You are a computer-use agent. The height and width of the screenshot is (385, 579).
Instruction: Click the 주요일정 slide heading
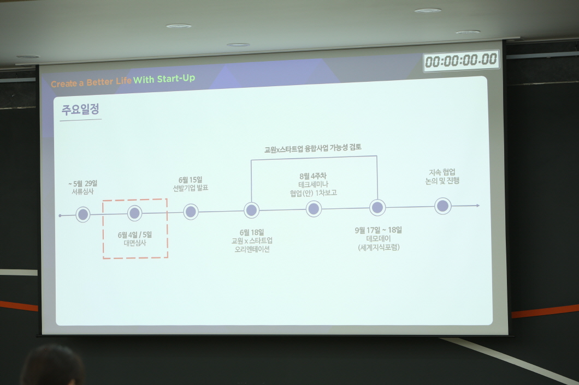pos(80,109)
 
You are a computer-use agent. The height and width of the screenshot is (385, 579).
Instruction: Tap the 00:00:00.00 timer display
pos(461,60)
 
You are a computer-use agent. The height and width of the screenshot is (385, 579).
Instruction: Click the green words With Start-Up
pos(164,79)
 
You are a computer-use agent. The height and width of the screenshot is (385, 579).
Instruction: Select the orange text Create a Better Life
pos(91,82)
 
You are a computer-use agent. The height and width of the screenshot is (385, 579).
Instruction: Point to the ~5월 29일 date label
pos(82,184)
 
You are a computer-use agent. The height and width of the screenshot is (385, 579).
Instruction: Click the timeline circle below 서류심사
pos(83,214)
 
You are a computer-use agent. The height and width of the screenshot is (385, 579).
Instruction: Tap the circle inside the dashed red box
pos(135,213)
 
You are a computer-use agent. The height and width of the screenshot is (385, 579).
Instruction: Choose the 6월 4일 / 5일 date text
pos(135,235)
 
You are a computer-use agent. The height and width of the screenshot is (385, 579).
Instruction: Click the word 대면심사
pos(135,243)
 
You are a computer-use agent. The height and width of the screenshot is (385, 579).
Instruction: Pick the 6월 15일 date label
pos(191,180)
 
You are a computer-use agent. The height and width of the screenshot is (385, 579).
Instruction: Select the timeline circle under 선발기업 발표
pos(191,212)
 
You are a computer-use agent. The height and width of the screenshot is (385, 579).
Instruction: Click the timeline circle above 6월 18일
pos(251,210)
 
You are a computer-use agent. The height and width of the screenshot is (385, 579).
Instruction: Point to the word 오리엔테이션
pos(252,249)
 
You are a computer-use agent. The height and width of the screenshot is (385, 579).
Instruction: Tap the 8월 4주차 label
pos(313,176)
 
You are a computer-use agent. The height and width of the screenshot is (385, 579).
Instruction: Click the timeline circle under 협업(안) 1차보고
pos(314,209)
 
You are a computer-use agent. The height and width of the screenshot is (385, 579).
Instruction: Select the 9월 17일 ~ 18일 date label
pos(379,230)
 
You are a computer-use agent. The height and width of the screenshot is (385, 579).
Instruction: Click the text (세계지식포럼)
pos(379,247)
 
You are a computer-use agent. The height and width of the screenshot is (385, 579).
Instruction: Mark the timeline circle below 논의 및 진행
pos(443,206)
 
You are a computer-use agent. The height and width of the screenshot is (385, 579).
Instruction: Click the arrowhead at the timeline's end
pos(478,206)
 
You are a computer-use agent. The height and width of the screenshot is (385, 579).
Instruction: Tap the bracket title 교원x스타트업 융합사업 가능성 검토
pos(313,148)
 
